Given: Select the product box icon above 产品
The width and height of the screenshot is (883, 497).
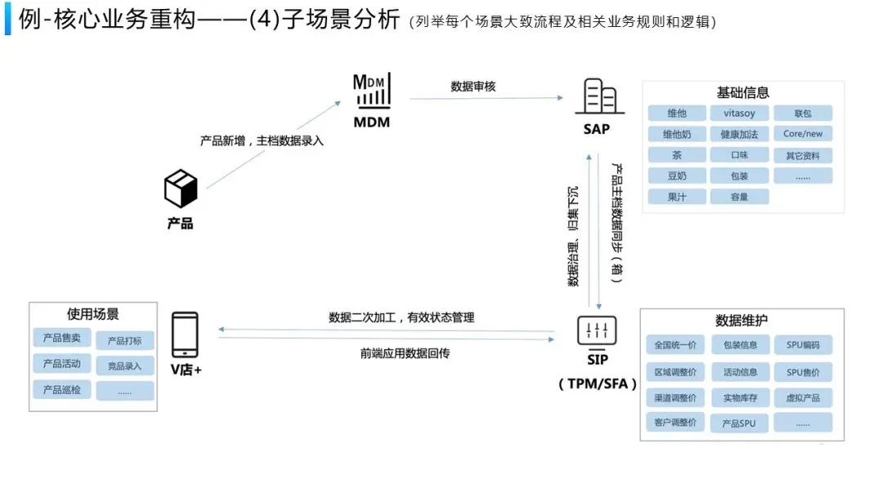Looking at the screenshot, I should [x=181, y=190].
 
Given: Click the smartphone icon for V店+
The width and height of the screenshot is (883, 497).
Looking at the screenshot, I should [x=185, y=334].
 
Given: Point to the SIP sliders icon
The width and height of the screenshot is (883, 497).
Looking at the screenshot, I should [x=597, y=330].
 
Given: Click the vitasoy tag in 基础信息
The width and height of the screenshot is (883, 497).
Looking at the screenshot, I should [x=738, y=113].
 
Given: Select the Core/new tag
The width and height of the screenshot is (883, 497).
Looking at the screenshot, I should [x=802, y=133].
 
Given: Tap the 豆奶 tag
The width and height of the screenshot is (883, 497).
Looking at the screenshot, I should [x=676, y=175].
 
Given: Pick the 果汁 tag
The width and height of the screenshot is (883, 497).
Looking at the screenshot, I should [x=676, y=196].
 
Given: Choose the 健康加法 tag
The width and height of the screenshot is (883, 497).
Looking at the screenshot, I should [x=738, y=133].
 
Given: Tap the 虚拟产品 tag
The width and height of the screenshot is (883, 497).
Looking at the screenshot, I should [x=802, y=397].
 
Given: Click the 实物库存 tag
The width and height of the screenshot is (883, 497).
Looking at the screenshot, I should [x=739, y=397].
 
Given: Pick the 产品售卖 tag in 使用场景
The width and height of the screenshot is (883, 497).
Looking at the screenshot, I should [x=62, y=338].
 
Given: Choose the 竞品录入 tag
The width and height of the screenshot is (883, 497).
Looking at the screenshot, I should [x=124, y=365].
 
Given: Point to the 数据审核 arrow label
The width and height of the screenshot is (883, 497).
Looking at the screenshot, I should [x=473, y=87].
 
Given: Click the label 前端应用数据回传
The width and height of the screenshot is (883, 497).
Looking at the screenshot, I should [x=405, y=353].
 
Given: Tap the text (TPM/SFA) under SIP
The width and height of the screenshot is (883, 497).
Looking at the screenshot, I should [x=597, y=383].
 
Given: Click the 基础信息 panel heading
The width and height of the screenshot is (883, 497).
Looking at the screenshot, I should [x=742, y=93].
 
